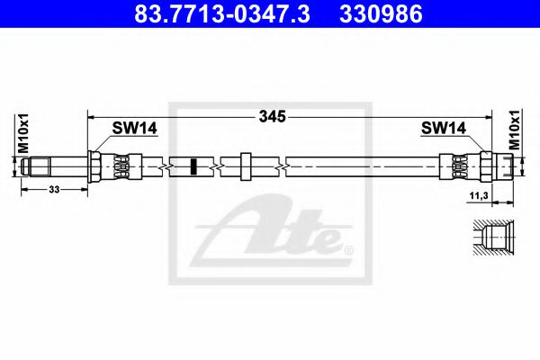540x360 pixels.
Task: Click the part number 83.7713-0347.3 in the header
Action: click(222, 13)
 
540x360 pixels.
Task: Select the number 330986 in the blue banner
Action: click(381, 13)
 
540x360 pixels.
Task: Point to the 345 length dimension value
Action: click(273, 117)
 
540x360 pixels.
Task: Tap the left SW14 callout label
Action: click(135, 128)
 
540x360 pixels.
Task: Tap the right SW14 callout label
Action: click(444, 128)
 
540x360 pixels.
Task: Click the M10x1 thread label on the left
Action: click(23, 133)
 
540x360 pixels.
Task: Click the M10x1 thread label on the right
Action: click(514, 130)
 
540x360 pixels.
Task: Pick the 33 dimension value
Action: click(54, 189)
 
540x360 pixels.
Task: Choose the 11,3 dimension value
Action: click(479, 195)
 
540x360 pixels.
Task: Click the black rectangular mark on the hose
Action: click(193, 166)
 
